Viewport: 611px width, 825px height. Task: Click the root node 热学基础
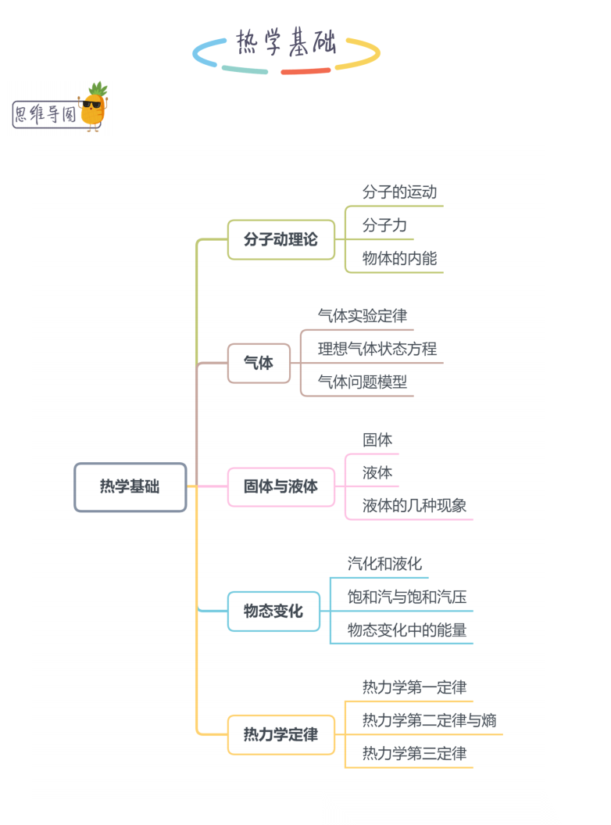[x=130, y=487]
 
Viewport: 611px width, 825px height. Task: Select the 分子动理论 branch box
[x=280, y=239]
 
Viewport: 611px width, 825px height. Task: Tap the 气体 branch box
[x=259, y=364]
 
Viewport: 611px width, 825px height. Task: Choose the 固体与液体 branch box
[x=280, y=486]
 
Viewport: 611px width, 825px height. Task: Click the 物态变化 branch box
[x=273, y=611]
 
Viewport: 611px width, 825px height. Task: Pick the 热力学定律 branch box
[x=280, y=734]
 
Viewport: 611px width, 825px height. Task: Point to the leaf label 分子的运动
[x=399, y=192]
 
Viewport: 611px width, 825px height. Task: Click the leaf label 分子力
[x=384, y=225]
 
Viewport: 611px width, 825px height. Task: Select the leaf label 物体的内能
[x=399, y=258]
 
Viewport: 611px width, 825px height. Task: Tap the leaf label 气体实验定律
[x=362, y=316]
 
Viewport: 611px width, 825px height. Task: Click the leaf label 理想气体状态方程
[x=377, y=349]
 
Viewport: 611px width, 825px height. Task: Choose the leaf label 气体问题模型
[x=362, y=382]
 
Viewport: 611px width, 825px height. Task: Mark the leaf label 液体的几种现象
[x=414, y=505]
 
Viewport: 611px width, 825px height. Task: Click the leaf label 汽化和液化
[x=384, y=564]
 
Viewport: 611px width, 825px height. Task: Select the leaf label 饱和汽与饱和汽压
[x=407, y=597]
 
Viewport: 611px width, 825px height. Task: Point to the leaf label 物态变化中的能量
[x=407, y=630]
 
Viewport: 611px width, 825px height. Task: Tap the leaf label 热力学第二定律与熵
[x=429, y=720]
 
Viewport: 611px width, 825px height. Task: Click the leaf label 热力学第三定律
[x=414, y=754]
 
